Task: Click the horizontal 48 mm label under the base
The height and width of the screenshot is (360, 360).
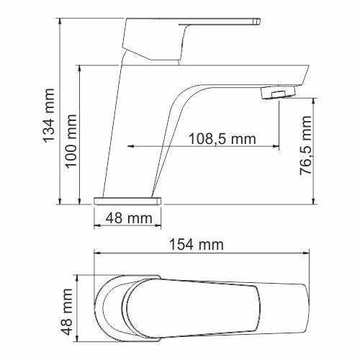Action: pyautogui.click(x=128, y=217)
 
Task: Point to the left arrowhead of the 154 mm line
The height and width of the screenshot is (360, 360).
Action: pyautogui.click(x=98, y=253)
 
